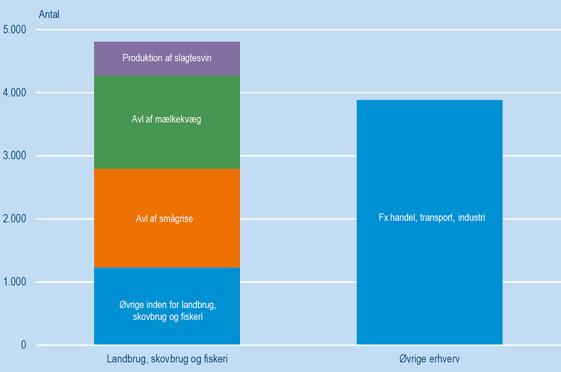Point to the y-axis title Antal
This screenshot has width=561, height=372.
(x=49, y=14)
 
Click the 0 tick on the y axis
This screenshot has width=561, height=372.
(x=24, y=345)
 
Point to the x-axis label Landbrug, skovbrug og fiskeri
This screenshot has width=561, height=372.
(x=167, y=360)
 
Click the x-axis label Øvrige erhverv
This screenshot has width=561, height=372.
(x=429, y=360)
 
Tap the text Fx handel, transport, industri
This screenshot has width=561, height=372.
(x=431, y=218)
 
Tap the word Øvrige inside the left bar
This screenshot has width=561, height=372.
(x=132, y=305)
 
